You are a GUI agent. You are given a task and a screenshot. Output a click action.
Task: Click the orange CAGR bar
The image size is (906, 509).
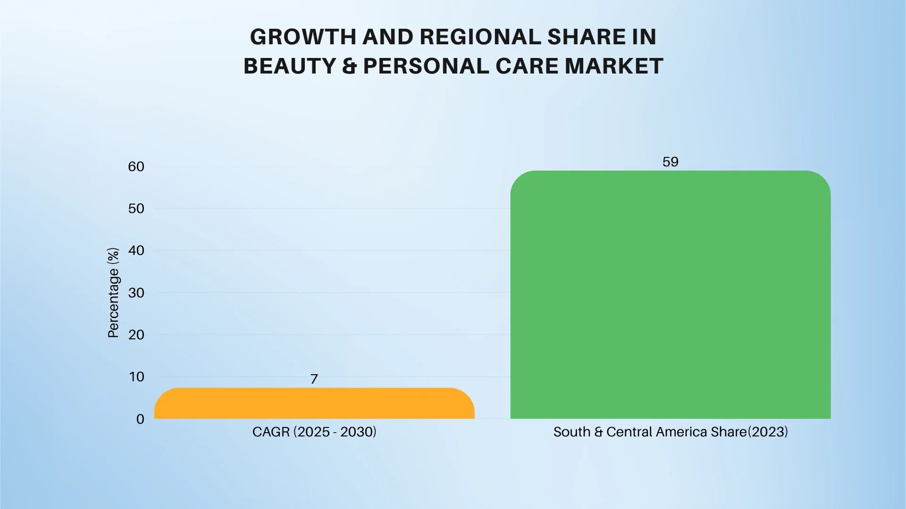(314, 403)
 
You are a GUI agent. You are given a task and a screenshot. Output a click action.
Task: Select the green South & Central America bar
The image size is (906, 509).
(670, 295)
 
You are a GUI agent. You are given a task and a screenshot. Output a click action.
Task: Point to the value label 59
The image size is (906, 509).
(670, 162)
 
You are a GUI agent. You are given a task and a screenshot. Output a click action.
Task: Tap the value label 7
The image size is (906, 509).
(314, 379)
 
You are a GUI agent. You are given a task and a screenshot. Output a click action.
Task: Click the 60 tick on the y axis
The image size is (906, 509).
(136, 166)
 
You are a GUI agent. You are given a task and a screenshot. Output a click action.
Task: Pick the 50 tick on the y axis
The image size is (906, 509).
(136, 208)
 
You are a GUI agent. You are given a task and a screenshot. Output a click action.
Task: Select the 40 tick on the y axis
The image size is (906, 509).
(136, 250)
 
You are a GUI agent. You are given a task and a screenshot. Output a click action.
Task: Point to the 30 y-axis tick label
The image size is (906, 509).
(136, 293)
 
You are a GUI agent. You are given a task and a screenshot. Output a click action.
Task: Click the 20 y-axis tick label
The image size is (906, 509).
(136, 335)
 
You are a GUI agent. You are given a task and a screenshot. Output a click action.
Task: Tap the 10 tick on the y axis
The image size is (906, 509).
(136, 377)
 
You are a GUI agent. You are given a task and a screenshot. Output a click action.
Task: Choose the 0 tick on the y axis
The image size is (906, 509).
(140, 419)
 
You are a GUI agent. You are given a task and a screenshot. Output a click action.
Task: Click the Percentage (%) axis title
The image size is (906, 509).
(113, 293)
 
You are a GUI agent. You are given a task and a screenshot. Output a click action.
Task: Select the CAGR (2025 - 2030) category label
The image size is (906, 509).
(314, 432)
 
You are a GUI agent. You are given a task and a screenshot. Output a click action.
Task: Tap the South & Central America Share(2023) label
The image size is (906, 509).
(670, 432)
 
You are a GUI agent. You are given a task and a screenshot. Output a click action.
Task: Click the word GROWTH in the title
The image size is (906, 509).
(303, 37)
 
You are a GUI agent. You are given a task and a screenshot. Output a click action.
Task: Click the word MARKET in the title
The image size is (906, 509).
(614, 66)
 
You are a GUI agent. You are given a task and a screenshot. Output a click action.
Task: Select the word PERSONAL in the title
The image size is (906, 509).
(426, 66)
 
